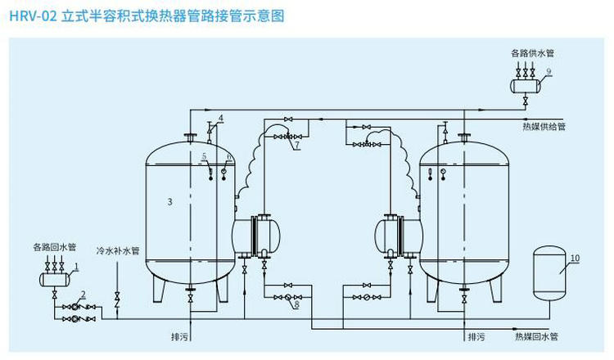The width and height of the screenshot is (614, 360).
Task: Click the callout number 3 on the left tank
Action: [x=169, y=200]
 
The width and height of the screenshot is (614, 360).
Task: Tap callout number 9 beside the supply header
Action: [x=549, y=72]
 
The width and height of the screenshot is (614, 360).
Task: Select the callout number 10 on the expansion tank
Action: [x=575, y=258]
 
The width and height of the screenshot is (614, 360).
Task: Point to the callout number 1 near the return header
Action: [x=75, y=266]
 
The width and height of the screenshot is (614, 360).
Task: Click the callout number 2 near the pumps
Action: [x=83, y=294]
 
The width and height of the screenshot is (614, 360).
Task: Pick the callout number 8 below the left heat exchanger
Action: [x=296, y=304]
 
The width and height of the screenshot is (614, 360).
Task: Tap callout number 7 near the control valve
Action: [x=297, y=146]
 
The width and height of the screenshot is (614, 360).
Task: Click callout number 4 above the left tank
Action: [x=221, y=118]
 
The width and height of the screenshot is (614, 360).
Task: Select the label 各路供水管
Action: [x=532, y=53]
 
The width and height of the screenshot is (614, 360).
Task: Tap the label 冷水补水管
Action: [x=118, y=251]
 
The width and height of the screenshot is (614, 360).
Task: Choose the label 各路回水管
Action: [x=54, y=246]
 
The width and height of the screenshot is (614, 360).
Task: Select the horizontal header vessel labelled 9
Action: [x=524, y=83]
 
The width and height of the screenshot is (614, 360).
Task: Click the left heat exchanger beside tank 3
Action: [x=258, y=236]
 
